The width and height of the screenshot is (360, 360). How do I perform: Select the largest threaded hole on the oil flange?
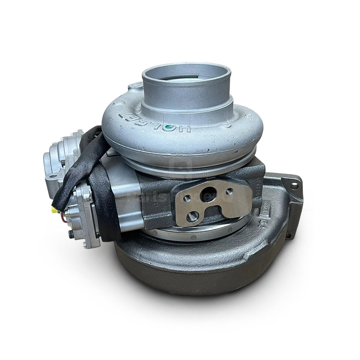click(192, 216)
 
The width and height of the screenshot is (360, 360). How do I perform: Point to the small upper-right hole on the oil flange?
click(229, 191)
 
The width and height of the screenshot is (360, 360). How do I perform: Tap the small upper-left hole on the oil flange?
click(186, 198)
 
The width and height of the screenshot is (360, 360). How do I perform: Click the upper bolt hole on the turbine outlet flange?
click(295, 186)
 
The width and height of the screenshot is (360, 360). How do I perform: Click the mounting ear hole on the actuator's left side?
click(53, 176)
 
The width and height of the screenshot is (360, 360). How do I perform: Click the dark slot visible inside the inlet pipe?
click(191, 76)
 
